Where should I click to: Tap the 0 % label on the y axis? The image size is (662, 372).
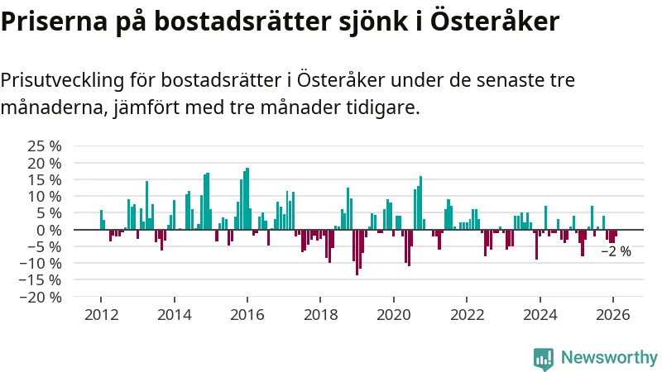coord(49,230)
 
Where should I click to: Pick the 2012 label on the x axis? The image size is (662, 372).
coord(101,315)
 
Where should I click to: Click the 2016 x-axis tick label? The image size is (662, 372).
coord(247,315)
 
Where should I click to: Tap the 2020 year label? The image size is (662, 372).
coord(393,315)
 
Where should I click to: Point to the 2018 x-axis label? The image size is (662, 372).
coord(320,315)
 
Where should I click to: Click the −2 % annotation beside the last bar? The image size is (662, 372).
coord(616,251)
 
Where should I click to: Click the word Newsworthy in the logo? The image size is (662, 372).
coord(609,357)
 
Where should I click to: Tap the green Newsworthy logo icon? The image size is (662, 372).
coord(544,357)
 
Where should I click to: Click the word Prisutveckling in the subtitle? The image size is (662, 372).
coord(62,81)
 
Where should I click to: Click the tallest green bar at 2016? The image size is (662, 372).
coord(247,198)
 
